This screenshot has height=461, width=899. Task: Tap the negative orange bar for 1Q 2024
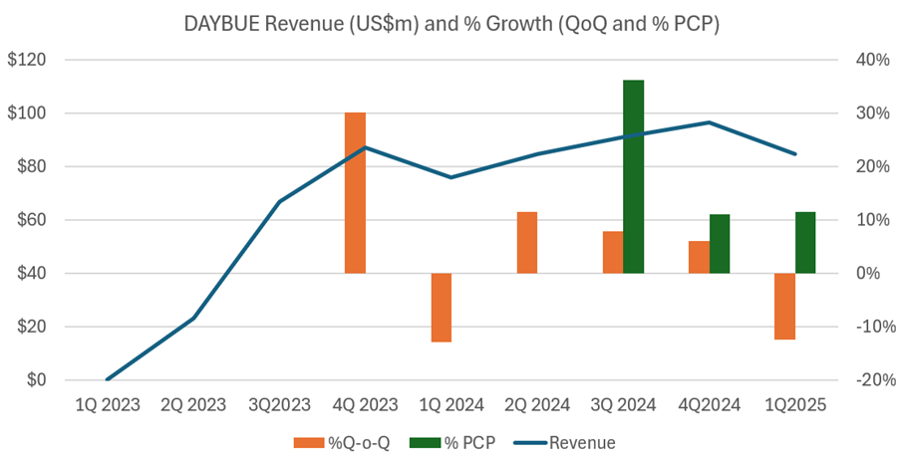coord(442,307)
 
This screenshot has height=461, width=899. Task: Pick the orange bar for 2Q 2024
coord(527,242)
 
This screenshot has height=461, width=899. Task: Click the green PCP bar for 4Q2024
coord(720,244)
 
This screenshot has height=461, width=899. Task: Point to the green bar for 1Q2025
coord(805,242)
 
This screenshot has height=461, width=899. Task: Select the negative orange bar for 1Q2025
coord(784,306)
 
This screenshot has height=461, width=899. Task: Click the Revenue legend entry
coord(568,442)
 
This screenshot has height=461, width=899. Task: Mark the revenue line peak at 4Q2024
coord(709,122)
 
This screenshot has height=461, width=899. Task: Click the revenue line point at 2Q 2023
coord(193,318)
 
